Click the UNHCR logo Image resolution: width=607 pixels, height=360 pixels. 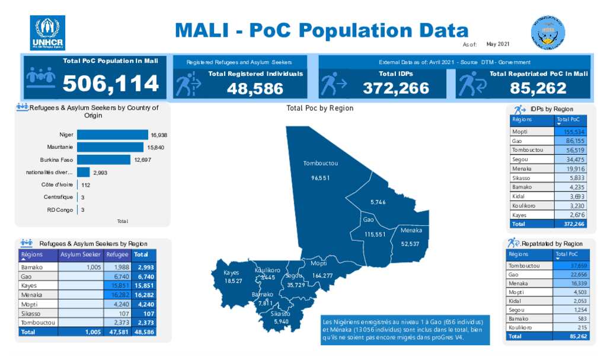(x=47, y=33)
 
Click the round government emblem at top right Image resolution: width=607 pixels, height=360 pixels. (x=548, y=32)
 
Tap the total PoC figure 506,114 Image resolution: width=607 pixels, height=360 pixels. (x=111, y=84)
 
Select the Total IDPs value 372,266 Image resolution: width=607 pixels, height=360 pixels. (x=396, y=88)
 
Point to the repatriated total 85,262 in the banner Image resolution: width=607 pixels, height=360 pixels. (x=538, y=88)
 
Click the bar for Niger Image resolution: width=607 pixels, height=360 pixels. (x=112, y=135)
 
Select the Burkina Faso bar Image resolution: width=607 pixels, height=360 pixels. (x=103, y=160)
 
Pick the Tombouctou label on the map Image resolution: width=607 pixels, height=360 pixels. (x=320, y=163)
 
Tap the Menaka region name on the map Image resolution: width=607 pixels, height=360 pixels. (x=411, y=230)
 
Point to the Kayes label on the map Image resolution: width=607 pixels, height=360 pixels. (x=231, y=273)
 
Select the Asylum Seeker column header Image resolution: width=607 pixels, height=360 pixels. (x=81, y=254)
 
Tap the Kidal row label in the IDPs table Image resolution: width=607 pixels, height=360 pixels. (x=518, y=196)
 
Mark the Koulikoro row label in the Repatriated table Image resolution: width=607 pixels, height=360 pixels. (x=520, y=327)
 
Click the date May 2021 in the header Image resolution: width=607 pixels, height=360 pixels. (x=497, y=44)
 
